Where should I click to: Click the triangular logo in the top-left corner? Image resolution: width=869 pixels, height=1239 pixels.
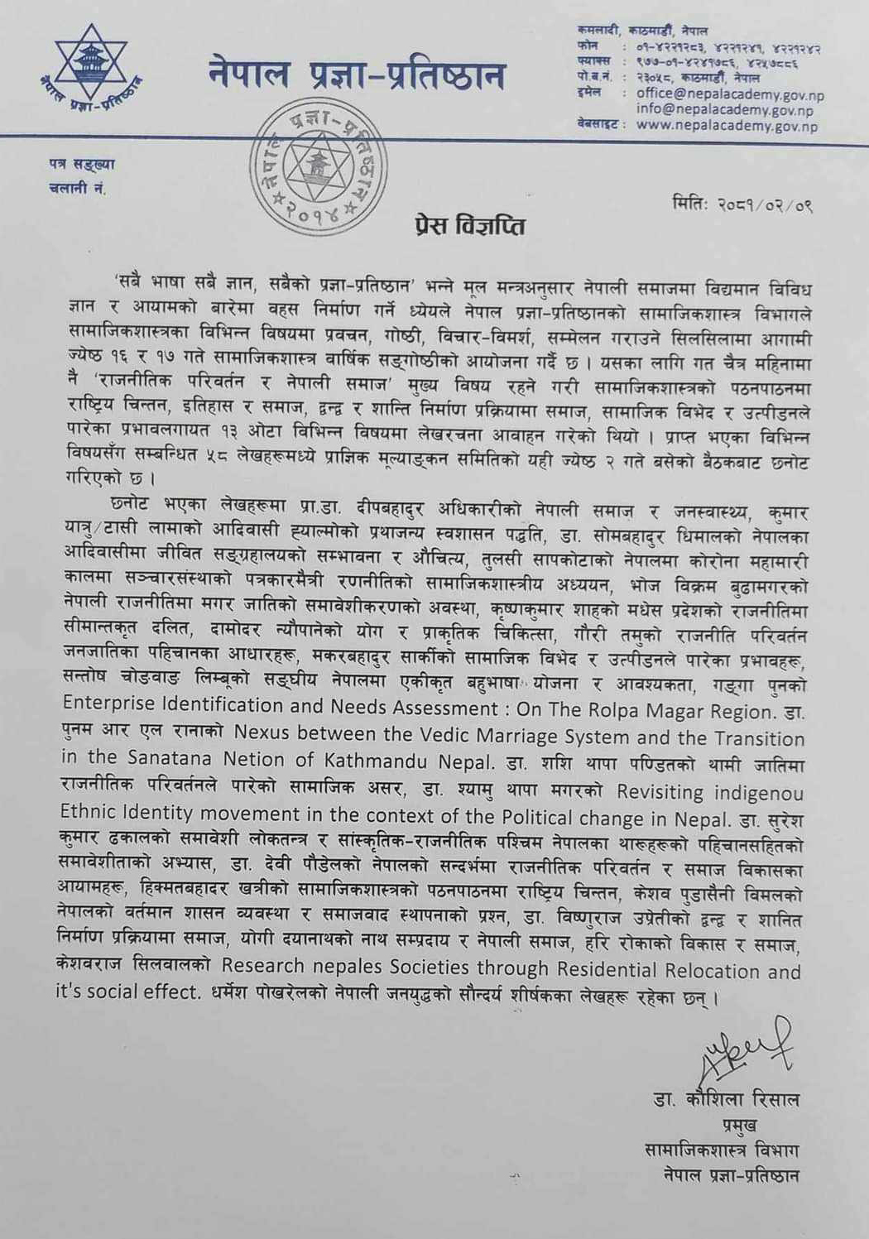tap(89, 73)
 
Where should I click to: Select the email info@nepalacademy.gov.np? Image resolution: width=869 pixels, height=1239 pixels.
tap(724, 109)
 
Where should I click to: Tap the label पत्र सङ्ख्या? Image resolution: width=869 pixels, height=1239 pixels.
tap(82, 163)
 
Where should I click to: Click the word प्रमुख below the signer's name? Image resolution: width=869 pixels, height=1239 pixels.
tap(740, 1126)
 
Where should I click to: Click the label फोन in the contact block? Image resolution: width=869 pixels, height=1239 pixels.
tap(587, 47)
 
